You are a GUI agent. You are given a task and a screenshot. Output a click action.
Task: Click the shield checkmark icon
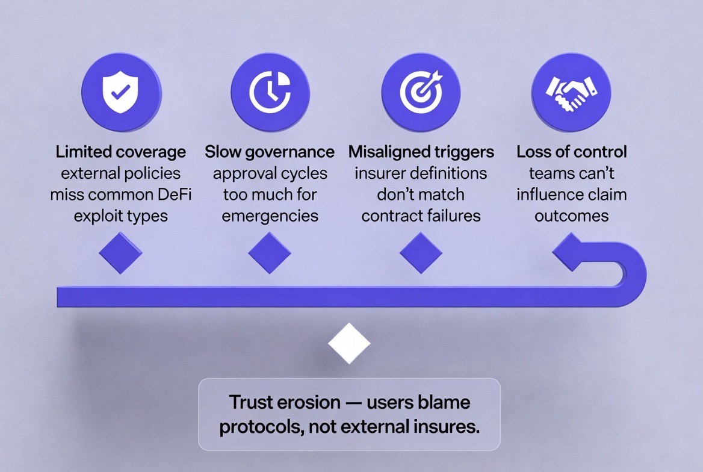[120, 92]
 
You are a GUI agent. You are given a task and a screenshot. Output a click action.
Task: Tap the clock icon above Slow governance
[270, 92]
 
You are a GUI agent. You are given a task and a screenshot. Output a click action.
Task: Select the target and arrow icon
[421, 92]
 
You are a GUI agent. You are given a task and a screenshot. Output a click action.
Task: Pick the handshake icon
[571, 92]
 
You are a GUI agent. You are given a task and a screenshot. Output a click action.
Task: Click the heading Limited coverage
[120, 152]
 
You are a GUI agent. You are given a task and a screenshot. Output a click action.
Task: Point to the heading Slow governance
[270, 152]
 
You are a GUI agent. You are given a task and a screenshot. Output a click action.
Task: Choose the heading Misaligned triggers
[421, 152]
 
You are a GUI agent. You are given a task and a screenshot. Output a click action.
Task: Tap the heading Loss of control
[571, 152]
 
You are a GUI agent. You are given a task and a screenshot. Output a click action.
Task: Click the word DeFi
[169, 194]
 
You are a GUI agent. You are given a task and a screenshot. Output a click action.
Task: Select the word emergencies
[270, 216]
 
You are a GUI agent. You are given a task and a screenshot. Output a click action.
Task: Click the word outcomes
[571, 216]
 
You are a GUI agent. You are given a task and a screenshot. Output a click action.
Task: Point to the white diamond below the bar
[349, 343]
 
